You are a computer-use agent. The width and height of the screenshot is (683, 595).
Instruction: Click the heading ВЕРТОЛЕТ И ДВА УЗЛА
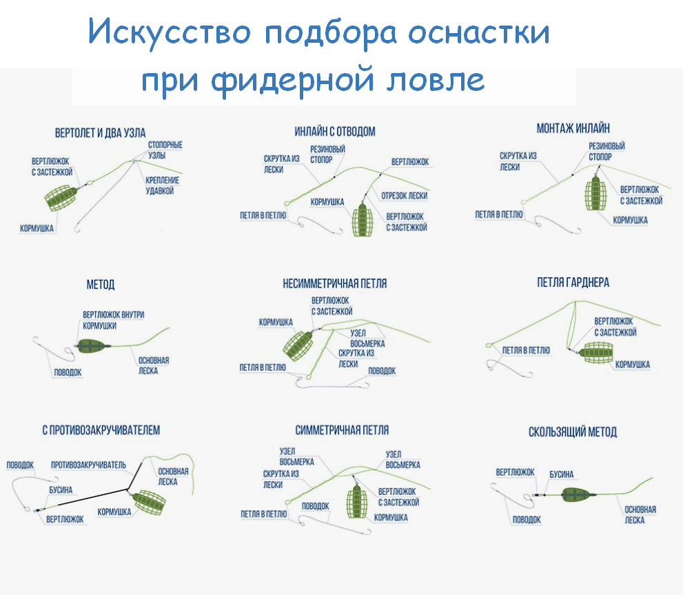click(x=100, y=133)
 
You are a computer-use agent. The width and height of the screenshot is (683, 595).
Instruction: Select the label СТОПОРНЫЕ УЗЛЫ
click(x=165, y=150)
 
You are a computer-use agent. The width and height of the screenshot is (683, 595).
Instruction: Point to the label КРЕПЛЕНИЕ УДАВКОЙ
click(x=162, y=185)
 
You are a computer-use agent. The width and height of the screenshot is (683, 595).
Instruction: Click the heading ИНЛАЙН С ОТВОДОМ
click(x=335, y=131)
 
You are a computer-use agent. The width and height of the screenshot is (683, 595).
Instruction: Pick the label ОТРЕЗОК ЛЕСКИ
click(x=404, y=195)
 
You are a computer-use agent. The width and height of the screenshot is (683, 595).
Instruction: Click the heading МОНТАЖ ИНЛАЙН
click(x=573, y=128)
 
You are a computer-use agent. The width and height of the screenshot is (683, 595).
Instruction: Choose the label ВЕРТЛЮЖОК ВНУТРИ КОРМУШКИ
click(x=113, y=320)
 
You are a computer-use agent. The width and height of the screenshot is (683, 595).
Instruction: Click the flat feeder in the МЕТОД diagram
click(x=90, y=345)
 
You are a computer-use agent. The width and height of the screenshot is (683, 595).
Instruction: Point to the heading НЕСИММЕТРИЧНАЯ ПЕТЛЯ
click(x=335, y=283)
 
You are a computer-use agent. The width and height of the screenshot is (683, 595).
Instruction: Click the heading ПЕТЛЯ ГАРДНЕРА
click(x=573, y=283)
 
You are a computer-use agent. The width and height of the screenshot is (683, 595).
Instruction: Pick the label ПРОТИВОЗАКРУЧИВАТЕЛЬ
click(x=88, y=465)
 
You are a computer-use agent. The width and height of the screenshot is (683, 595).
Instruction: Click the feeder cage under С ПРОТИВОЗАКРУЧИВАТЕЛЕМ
click(x=147, y=504)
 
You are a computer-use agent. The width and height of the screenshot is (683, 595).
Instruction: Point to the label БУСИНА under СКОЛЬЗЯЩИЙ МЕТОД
click(x=561, y=474)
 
